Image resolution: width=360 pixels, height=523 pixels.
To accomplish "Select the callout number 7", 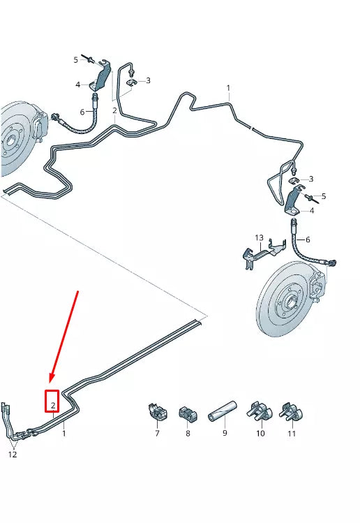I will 157,434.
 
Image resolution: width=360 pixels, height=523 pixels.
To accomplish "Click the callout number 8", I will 188,434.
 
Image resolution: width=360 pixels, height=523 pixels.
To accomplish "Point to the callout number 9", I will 225,434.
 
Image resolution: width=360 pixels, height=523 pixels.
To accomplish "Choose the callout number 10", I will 260,434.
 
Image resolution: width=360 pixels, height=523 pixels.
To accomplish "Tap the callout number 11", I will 292,434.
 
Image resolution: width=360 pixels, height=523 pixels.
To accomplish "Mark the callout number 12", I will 13,455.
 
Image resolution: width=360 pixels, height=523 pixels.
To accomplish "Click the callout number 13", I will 259,238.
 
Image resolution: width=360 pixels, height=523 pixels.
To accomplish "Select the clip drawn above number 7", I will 156,412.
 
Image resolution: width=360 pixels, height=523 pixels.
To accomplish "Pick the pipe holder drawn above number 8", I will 188,414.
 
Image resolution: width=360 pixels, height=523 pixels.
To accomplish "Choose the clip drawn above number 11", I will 290,412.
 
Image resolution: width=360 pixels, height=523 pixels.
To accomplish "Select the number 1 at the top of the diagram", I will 227,88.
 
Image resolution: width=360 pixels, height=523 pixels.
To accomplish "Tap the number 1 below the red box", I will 63,434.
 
